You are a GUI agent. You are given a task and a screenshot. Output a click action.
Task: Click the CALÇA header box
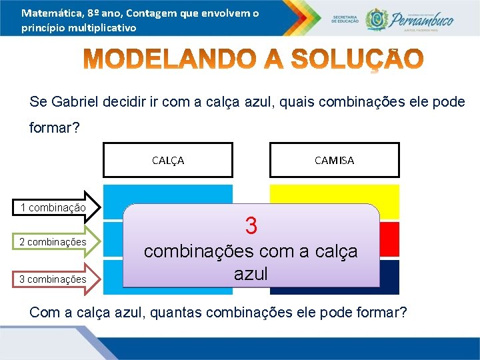coord(168,160)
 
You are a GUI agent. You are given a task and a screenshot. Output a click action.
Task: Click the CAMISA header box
coord(334,160)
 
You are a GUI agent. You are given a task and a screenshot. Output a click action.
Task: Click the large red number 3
coord(251,225)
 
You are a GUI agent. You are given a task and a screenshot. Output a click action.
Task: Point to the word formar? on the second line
coord(54,127)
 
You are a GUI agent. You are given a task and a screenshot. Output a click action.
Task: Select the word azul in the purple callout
coord(251,273)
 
